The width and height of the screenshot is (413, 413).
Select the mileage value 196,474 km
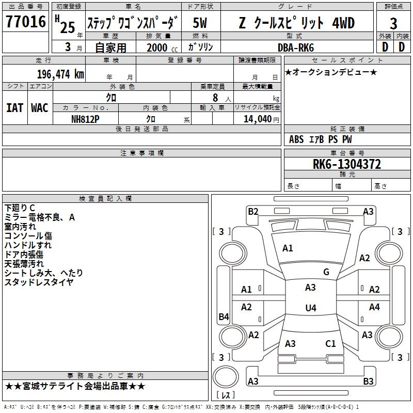[60, 74]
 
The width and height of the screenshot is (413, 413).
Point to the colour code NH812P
[86, 119]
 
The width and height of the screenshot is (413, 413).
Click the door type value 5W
[200, 23]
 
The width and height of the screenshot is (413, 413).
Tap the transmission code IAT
[14, 108]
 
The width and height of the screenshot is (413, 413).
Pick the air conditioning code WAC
[40, 108]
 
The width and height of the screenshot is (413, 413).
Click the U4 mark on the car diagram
[310, 308]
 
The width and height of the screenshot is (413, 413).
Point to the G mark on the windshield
[326, 272]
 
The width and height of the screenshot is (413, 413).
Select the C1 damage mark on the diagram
[330, 343]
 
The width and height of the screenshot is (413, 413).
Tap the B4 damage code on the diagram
[224, 317]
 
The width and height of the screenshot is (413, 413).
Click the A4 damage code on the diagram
[374, 307]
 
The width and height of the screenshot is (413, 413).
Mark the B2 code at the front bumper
[253, 211]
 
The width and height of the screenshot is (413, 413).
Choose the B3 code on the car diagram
[368, 382]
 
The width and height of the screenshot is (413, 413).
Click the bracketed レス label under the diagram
[226, 396]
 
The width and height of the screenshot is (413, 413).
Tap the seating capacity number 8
[214, 98]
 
